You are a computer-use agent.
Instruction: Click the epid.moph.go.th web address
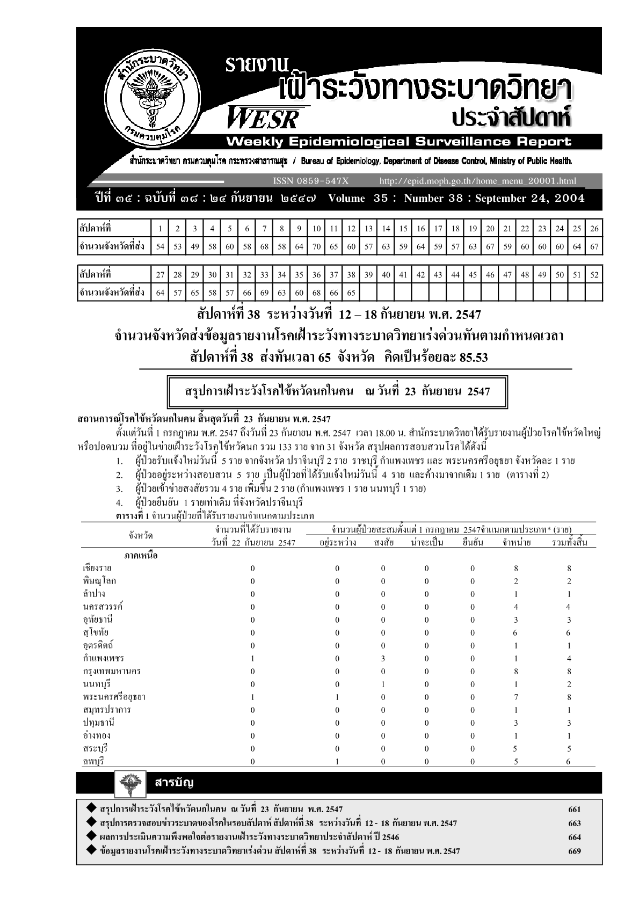click(x=477, y=181)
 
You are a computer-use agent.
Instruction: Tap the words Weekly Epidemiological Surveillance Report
click(x=398, y=142)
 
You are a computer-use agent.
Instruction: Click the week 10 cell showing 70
click(x=316, y=247)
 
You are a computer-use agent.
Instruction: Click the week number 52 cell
click(x=594, y=275)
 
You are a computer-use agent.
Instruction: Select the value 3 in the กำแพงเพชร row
click(x=383, y=658)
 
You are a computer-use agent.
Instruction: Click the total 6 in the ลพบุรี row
click(x=569, y=761)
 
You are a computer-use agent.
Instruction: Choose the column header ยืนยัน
click(x=473, y=542)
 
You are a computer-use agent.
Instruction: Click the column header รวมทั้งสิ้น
click(x=569, y=542)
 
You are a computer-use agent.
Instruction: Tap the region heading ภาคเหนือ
click(x=141, y=556)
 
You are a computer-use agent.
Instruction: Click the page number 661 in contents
click(x=574, y=810)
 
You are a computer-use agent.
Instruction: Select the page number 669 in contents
click(x=574, y=851)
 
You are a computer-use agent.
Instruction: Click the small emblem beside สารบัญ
click(x=130, y=784)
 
